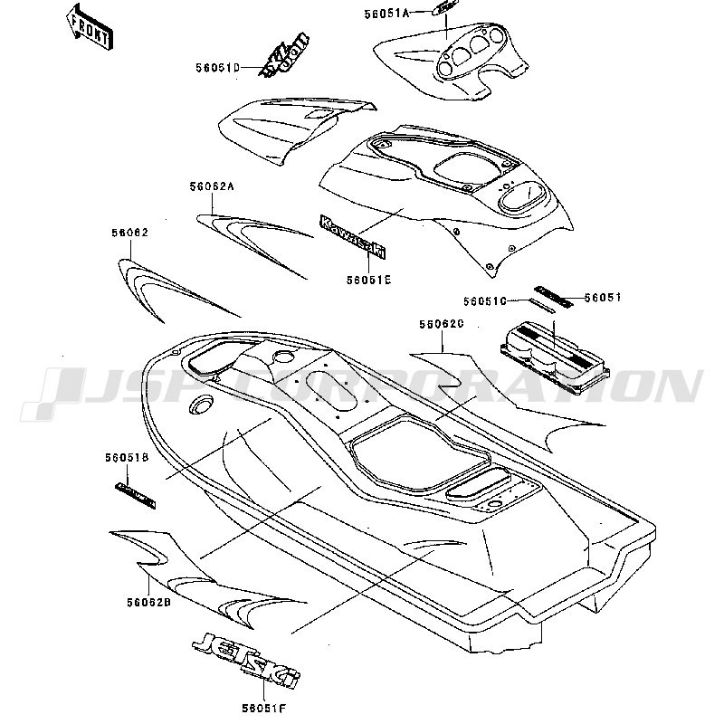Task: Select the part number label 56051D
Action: [x=218, y=68]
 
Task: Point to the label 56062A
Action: [x=213, y=186]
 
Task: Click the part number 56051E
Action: [x=368, y=280]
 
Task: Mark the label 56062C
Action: [x=442, y=322]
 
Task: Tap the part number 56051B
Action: [x=127, y=458]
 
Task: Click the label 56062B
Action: [x=149, y=603]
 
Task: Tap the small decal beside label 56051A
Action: [x=444, y=8]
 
